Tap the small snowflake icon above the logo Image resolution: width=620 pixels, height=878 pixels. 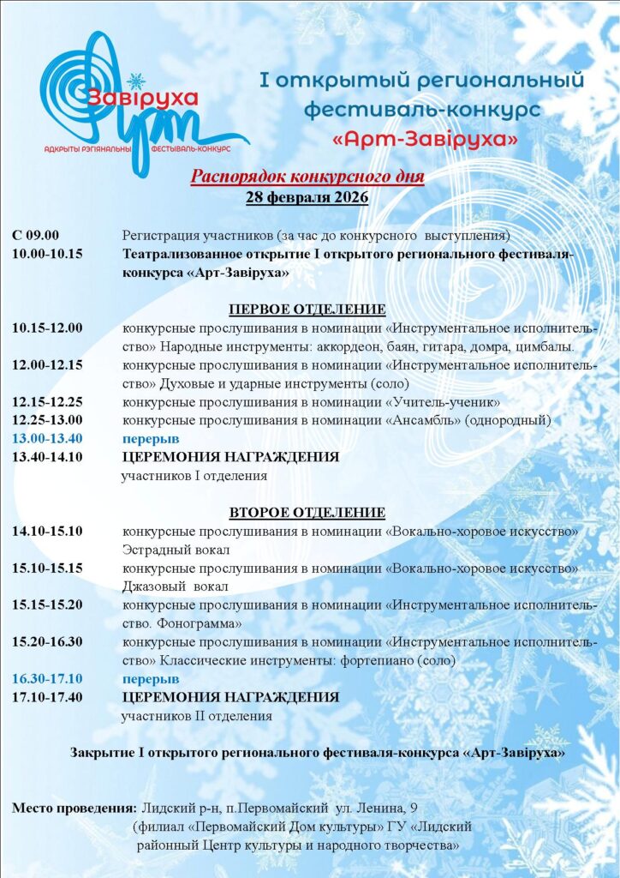click(135, 81)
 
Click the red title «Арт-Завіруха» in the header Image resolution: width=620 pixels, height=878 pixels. click(424, 138)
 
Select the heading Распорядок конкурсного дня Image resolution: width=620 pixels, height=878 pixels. click(307, 177)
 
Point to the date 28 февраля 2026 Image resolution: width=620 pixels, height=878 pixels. click(307, 198)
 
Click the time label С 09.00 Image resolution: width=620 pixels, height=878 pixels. click(36, 235)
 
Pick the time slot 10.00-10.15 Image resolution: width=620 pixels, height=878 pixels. click(48, 254)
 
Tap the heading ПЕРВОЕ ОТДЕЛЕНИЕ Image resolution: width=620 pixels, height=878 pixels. click(307, 310)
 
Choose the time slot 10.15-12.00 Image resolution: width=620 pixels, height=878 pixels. click(48, 328)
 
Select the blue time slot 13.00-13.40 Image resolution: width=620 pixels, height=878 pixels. click(48, 438)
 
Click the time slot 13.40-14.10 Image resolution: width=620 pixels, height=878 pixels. click(48, 457)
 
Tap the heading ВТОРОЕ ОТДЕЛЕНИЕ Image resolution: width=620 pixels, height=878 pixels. click(307, 513)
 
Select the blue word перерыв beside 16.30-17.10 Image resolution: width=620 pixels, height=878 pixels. click(150, 678)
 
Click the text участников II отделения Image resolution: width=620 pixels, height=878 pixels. click(197, 715)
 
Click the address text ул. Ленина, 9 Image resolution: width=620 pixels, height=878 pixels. click(379, 808)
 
